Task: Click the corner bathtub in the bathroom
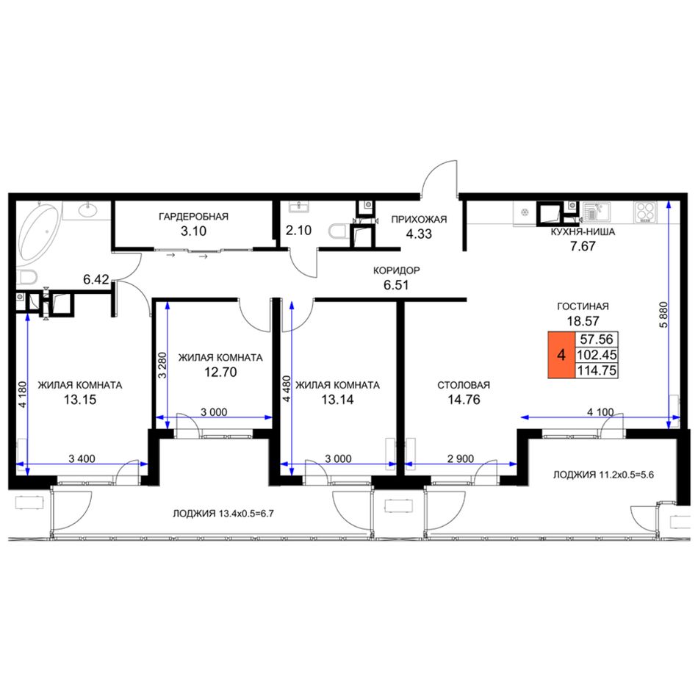tap(37, 233)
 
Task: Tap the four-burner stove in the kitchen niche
tap(645, 212)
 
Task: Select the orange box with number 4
tap(561, 355)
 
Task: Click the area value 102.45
tap(597, 355)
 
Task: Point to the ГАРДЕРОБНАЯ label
tap(194, 217)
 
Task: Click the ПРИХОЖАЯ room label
tap(419, 220)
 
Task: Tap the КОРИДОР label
tap(396, 270)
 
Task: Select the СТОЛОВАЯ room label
tap(464, 385)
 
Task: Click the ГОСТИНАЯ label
tap(583, 306)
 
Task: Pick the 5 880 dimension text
tap(663, 314)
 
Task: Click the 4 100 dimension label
tap(600, 412)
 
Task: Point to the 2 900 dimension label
tap(460, 458)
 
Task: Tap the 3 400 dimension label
tap(82, 458)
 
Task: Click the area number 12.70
tap(220, 372)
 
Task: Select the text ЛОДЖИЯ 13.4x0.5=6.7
tap(223, 514)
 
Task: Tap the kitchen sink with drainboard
tap(597, 212)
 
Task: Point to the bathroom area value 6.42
tap(96, 279)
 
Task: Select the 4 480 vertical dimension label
tap(287, 389)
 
